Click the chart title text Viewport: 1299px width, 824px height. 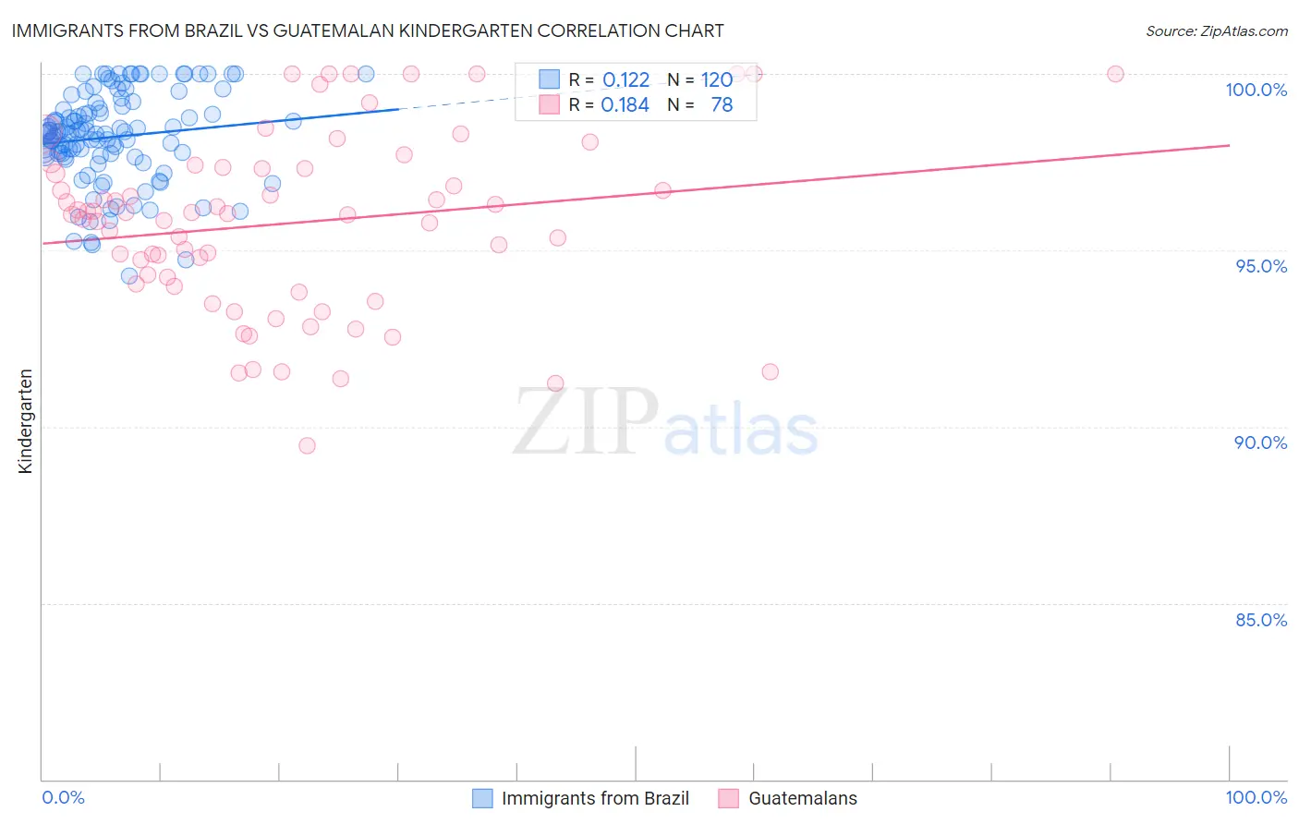click(x=367, y=30)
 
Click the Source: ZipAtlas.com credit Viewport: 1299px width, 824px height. click(x=1216, y=30)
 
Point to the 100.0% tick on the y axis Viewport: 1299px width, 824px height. click(x=1256, y=90)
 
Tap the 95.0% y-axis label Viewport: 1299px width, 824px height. click(x=1261, y=266)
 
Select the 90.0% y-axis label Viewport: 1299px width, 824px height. click(x=1261, y=442)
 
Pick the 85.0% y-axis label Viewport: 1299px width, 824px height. click(x=1261, y=620)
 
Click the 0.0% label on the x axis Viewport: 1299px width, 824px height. click(x=63, y=797)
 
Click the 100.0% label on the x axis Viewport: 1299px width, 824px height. click(x=1256, y=797)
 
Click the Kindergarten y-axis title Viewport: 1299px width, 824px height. click(x=25, y=421)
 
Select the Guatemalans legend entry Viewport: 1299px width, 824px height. click(x=802, y=798)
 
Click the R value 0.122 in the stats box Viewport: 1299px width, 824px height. click(x=625, y=80)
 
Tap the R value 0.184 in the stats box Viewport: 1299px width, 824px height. click(x=625, y=105)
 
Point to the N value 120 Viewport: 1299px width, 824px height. click(x=717, y=80)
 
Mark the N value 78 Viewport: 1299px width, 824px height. click(x=722, y=105)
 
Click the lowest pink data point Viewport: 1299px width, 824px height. click(x=307, y=445)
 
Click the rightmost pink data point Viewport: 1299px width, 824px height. click(x=1115, y=74)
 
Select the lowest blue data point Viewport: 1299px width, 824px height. click(x=129, y=276)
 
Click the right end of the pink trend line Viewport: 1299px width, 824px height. click(x=1229, y=145)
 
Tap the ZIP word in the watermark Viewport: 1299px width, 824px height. click(x=586, y=421)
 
